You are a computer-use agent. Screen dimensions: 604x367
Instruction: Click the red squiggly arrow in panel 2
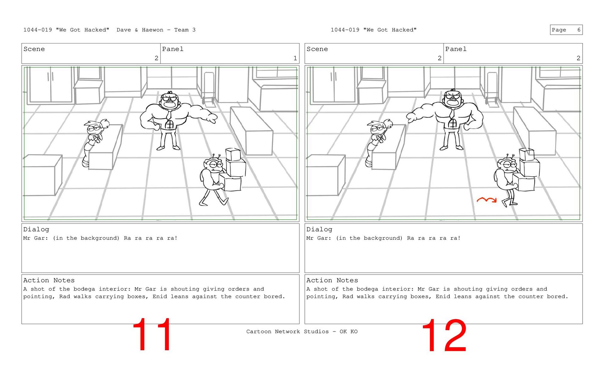(x=486, y=199)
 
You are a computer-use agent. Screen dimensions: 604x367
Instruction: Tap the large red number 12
(x=444, y=336)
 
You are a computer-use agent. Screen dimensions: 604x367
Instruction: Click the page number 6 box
(x=566, y=30)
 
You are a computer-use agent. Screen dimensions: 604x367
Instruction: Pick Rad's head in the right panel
(x=507, y=165)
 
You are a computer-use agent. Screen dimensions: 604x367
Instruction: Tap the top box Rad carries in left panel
(x=233, y=155)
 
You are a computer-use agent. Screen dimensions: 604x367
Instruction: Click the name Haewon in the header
(x=153, y=30)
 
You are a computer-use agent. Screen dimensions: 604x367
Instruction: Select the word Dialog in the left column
(x=36, y=229)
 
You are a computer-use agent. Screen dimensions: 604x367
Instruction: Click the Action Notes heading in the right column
(x=332, y=280)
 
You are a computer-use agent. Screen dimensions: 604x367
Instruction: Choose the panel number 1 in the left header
(x=295, y=58)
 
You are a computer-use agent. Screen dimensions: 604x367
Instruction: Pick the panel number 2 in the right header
(x=578, y=58)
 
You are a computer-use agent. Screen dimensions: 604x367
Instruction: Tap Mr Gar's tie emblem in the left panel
(x=169, y=124)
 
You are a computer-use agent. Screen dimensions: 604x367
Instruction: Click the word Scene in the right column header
(x=317, y=49)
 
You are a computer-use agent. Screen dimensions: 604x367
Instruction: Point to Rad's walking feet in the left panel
(x=214, y=201)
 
